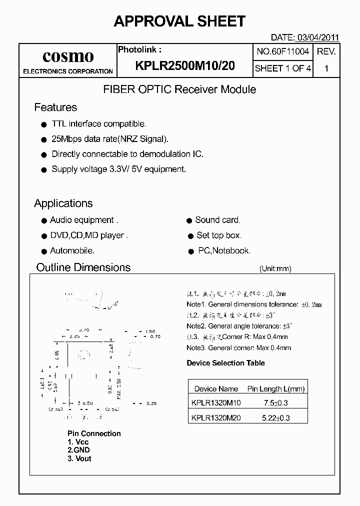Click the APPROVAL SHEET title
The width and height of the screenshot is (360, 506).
[179, 21]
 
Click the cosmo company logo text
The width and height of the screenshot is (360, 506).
[68, 56]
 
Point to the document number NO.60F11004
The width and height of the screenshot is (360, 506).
[283, 51]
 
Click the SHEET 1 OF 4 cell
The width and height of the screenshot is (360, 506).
[283, 68]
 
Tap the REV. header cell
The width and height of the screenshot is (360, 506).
[326, 51]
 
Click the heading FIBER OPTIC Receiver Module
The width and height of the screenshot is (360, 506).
[179, 89]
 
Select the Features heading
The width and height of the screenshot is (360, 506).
[55, 107]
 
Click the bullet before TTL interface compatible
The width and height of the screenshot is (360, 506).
[43, 124]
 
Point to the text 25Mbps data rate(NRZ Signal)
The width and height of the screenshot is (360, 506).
[110, 139]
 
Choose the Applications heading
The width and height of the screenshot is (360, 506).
[63, 203]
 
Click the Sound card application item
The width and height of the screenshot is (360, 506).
[217, 220]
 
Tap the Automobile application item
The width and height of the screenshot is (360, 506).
[72, 250]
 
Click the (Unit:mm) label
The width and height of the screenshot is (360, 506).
[275, 268]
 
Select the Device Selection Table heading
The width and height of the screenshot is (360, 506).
[225, 363]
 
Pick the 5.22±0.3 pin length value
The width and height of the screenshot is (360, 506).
[275, 418]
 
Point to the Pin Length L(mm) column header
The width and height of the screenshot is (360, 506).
[275, 388]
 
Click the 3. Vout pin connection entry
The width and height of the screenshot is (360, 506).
[79, 458]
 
